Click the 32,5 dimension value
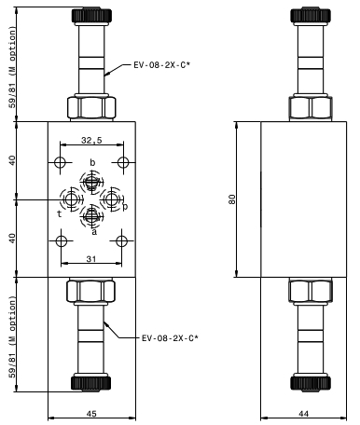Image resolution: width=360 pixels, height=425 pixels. click(x=91, y=141)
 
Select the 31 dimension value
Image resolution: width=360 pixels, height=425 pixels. click(x=91, y=259)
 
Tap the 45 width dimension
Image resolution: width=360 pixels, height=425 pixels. click(x=91, y=414)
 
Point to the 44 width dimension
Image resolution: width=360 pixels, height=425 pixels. click(x=303, y=414)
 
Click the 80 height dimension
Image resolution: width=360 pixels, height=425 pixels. click(x=232, y=199)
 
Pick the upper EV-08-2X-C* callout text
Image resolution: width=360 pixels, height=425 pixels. click(x=161, y=65)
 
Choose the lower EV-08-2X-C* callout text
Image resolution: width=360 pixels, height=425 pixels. click(x=170, y=338)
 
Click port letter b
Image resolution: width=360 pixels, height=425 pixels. click(x=92, y=162)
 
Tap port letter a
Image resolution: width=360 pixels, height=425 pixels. click(x=94, y=232)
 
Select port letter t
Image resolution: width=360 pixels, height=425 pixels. click(x=59, y=214)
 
